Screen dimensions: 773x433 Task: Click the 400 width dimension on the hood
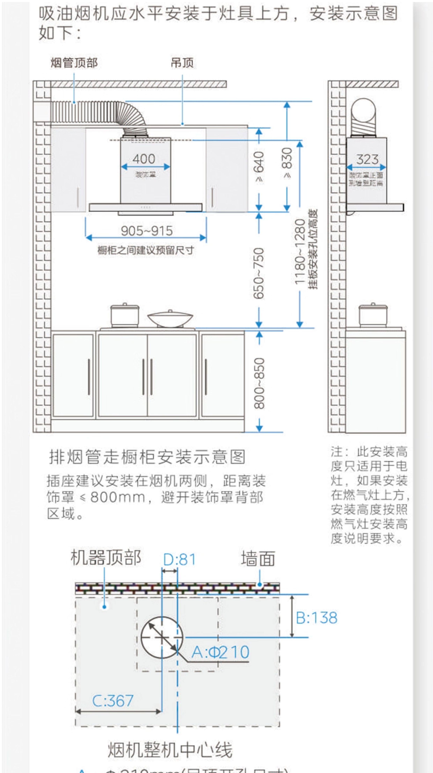pyautogui.click(x=144, y=159)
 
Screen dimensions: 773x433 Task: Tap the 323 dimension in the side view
pyautogui.click(x=367, y=159)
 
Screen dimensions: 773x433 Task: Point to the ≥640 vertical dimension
pyautogui.click(x=259, y=167)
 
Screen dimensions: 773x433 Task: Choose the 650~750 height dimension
pyautogui.click(x=259, y=273)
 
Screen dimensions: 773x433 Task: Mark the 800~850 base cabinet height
pyautogui.click(x=259, y=383)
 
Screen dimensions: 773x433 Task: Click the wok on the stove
pyautogui.click(x=170, y=319)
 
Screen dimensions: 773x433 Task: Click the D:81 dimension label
pyautogui.click(x=179, y=560)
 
